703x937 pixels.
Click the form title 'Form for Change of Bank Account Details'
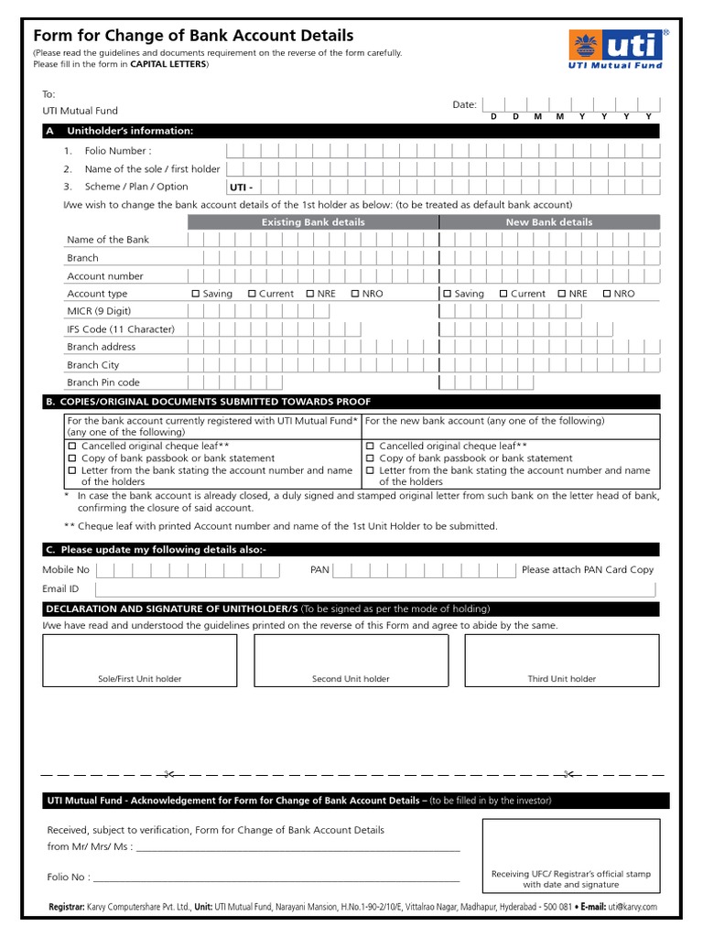193,36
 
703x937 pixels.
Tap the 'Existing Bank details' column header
313,222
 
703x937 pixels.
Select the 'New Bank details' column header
548,222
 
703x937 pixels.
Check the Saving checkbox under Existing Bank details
196,294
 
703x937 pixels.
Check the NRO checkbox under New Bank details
607,294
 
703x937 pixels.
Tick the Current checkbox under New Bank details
503,294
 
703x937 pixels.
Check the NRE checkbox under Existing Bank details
310,294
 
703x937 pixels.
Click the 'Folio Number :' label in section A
118,151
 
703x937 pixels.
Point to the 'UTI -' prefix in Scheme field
241,187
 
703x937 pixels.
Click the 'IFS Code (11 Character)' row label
120,329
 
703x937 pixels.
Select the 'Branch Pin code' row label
103,382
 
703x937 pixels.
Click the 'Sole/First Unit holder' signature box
139,660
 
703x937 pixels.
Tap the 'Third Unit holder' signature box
561,660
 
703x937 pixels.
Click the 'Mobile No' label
66,570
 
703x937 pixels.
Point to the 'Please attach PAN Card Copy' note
588,570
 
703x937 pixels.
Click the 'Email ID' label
60,589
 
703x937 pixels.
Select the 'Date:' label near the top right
464,105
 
